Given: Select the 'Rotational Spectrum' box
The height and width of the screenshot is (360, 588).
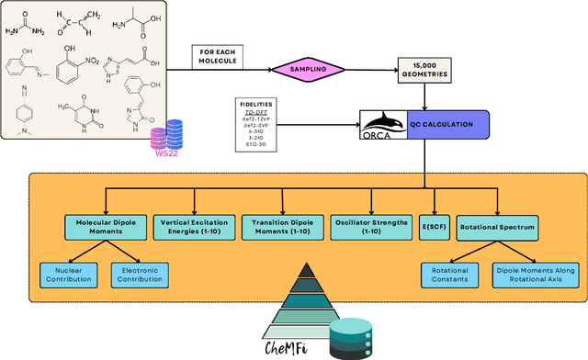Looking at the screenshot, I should (x=498, y=226).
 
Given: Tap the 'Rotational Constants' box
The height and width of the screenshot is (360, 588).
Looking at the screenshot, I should (x=449, y=273).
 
